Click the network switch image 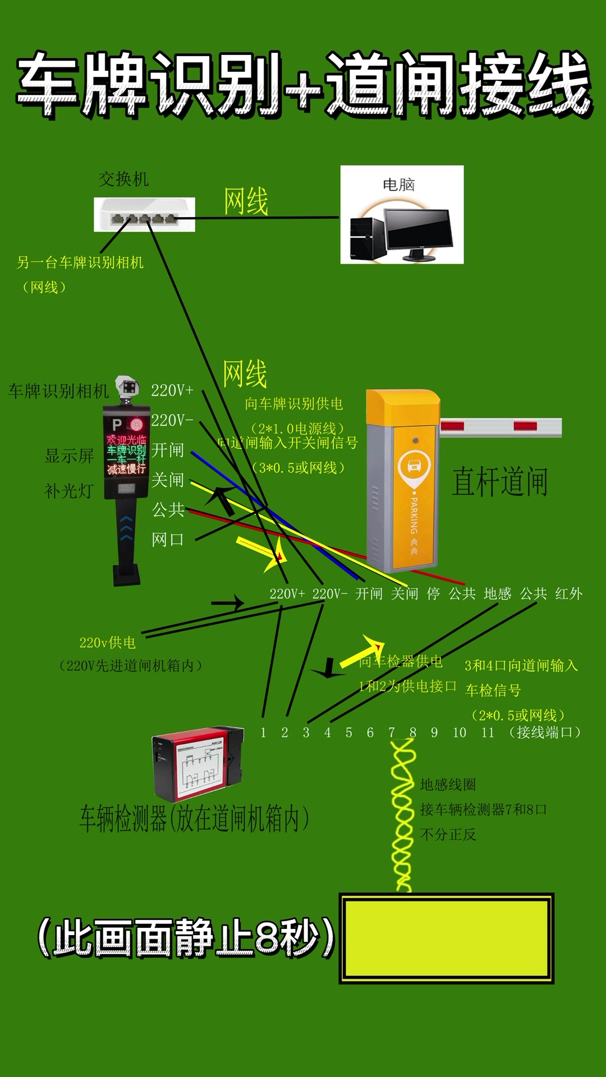point(144,214)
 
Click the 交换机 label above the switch point(123,179)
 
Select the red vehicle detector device point(198,763)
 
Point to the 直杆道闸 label point(499,481)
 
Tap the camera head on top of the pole point(128,387)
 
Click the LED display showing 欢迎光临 point(126,454)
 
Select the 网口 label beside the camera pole point(168,540)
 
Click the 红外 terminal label point(568,593)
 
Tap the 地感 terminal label point(497,593)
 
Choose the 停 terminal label point(433,593)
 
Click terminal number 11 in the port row point(488,733)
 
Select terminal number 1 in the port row point(263,733)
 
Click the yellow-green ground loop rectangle point(446,938)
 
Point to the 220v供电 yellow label point(107,643)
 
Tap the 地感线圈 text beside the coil point(448,784)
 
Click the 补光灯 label point(69,491)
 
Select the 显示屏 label point(69,455)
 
